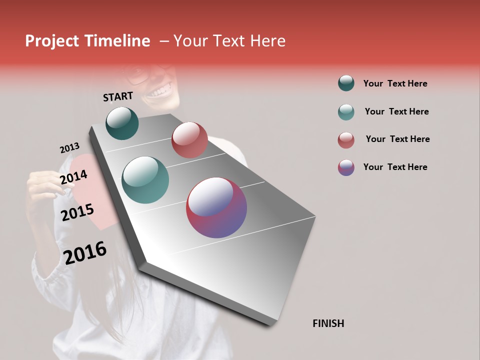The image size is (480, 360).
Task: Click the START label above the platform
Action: point(118,96)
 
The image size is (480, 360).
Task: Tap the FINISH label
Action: point(328,323)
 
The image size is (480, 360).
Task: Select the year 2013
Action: point(69,148)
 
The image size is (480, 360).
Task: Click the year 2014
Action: point(74,177)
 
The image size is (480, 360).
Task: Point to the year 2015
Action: point(77,213)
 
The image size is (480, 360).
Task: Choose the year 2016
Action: point(85,253)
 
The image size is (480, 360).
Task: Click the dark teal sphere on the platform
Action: point(122,123)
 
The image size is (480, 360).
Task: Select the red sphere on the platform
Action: point(189,140)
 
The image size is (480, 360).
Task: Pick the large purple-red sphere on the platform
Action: point(216,207)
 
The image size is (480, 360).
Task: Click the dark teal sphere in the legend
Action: point(346,83)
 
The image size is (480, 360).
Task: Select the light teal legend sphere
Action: point(346,111)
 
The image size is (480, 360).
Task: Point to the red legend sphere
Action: point(346,139)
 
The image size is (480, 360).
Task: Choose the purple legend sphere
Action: point(346,167)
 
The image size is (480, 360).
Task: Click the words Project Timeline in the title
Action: point(87,41)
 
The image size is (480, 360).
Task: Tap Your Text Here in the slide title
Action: point(229,41)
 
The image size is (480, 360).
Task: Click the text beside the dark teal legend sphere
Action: point(395,83)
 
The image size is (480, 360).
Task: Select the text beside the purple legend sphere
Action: point(395,167)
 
